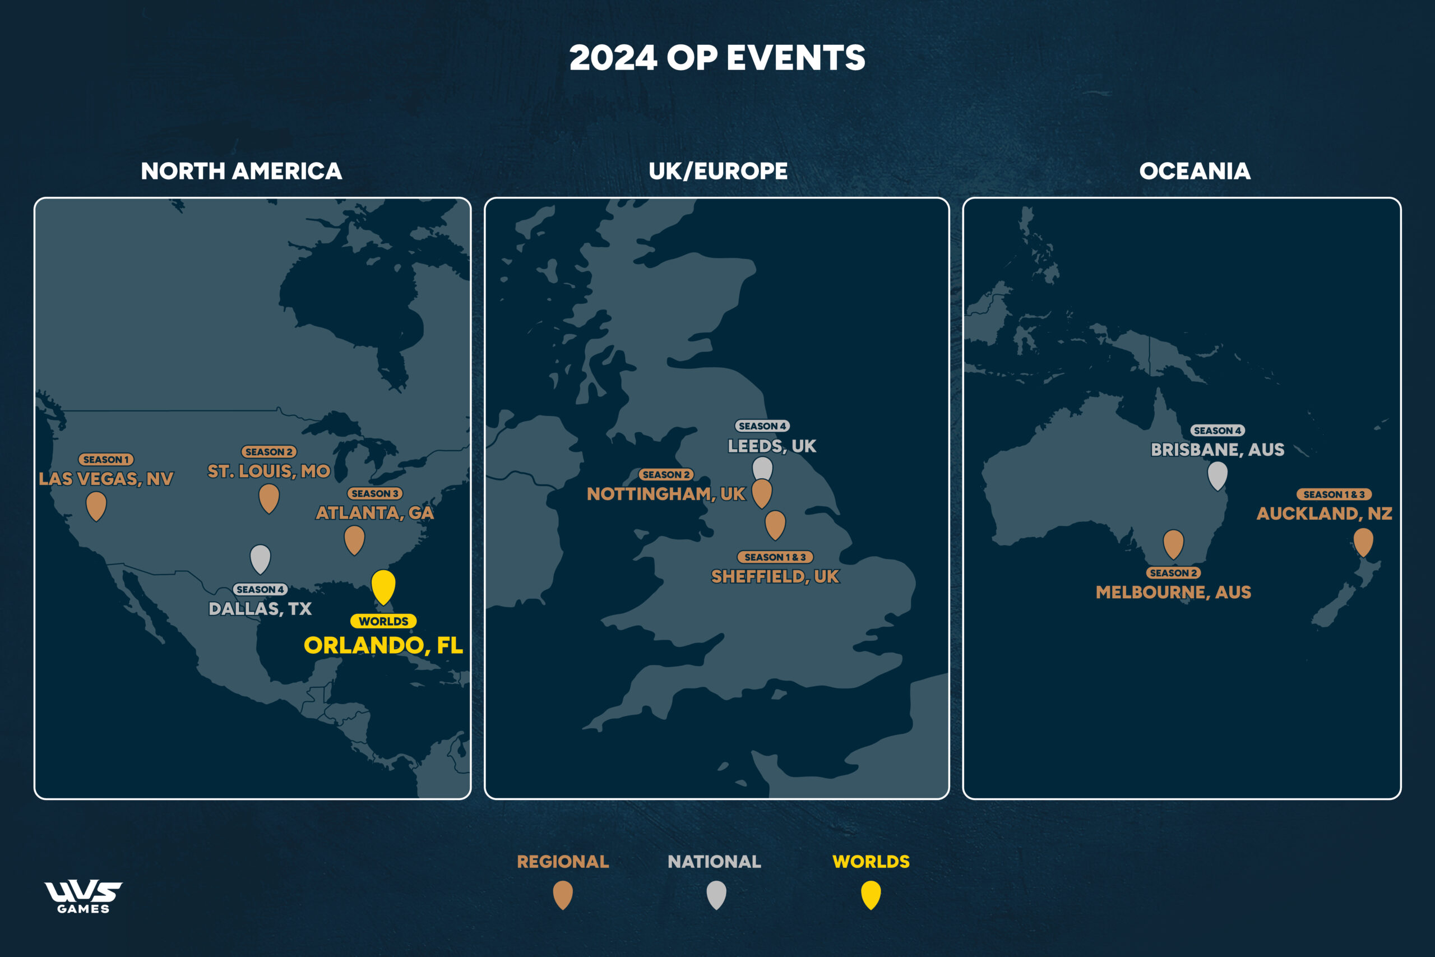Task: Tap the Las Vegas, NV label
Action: click(106, 479)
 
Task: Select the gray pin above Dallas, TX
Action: click(261, 557)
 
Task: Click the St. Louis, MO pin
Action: click(269, 497)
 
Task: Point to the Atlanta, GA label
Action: click(374, 512)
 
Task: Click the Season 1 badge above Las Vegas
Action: click(106, 460)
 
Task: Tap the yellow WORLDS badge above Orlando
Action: click(383, 621)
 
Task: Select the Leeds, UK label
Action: click(772, 446)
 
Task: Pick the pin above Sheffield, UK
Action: click(775, 523)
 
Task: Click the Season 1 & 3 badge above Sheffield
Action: click(775, 557)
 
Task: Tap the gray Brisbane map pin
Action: click(1217, 474)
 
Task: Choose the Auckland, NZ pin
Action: click(1363, 541)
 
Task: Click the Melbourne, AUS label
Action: click(1173, 592)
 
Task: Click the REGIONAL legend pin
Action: click(563, 894)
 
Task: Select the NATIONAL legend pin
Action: click(716, 894)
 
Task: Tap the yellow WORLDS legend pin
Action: click(871, 894)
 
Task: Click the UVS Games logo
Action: click(84, 896)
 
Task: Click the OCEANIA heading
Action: click(1195, 172)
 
